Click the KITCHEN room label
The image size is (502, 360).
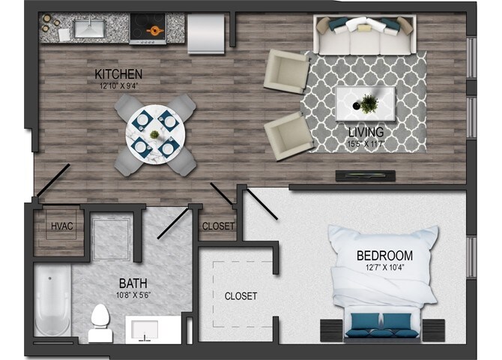(118, 73)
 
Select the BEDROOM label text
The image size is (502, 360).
(384, 255)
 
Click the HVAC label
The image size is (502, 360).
(62, 226)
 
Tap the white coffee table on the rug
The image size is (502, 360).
(364, 102)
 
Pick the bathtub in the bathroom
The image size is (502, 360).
(52, 304)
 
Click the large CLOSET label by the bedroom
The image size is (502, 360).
(241, 296)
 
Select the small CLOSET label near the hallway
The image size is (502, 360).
(218, 226)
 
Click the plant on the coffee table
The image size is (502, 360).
(368, 103)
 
